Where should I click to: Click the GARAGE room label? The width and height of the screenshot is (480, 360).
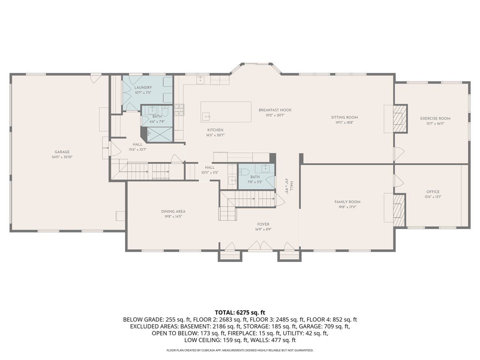point(62,152)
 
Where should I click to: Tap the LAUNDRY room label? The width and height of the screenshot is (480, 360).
point(143,88)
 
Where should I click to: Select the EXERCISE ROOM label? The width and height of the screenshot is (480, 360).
point(435,118)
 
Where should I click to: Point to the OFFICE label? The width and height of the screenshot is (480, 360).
point(433,192)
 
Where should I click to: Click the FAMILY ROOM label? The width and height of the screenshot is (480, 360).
point(347,202)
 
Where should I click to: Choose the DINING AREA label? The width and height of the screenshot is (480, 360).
point(173,212)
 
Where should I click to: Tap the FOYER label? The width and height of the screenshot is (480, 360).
point(263,224)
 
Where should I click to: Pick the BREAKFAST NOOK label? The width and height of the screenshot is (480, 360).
point(275,110)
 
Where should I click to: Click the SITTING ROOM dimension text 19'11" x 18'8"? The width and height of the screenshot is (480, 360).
point(344,123)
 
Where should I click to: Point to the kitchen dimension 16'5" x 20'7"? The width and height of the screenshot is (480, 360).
point(215,135)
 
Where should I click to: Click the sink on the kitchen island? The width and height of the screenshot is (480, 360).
point(206,116)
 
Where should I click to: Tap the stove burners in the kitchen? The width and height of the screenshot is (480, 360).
point(179,110)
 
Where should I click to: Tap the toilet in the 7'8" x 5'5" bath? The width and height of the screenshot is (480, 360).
point(243,172)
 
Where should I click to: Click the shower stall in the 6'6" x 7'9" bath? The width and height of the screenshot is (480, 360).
point(160,134)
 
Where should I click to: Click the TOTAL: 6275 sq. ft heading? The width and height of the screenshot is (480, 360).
point(240,312)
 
